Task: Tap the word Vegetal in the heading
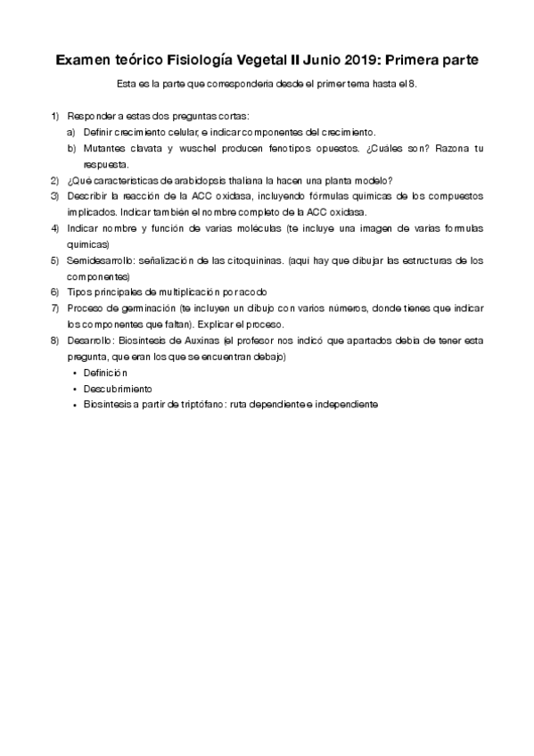tap(255, 61)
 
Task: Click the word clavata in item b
tap(144, 147)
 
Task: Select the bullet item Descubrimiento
tap(118, 389)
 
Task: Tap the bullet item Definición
tap(106, 373)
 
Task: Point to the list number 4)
tap(54, 227)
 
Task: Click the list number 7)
tap(54, 308)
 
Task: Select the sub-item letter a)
tap(71, 131)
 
